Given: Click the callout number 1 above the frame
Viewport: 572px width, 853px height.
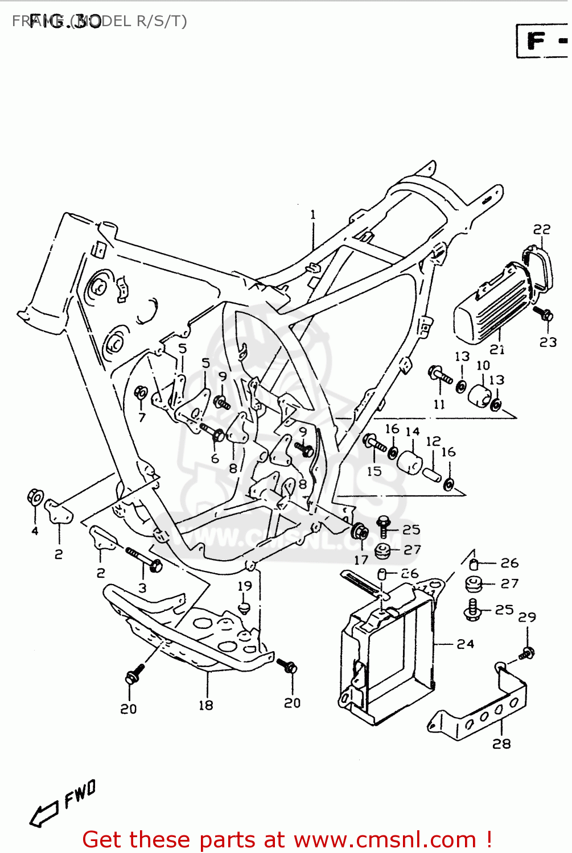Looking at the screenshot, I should point(313,215).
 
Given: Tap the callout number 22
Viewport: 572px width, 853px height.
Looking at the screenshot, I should point(542,229).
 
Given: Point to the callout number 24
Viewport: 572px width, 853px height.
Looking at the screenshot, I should point(465,644).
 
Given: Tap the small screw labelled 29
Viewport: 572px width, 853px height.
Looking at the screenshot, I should point(527,654).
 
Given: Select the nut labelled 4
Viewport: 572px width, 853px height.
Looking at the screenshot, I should point(35,498).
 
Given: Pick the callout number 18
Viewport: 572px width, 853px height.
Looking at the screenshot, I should point(205,705).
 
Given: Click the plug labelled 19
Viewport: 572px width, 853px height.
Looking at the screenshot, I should point(245,608).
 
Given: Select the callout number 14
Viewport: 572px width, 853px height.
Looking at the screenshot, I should point(413,432).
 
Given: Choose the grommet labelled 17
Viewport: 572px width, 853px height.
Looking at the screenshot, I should point(360,532).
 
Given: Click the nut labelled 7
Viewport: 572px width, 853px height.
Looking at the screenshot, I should point(141,393).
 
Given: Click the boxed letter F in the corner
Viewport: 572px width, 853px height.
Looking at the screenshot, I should point(536,41).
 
